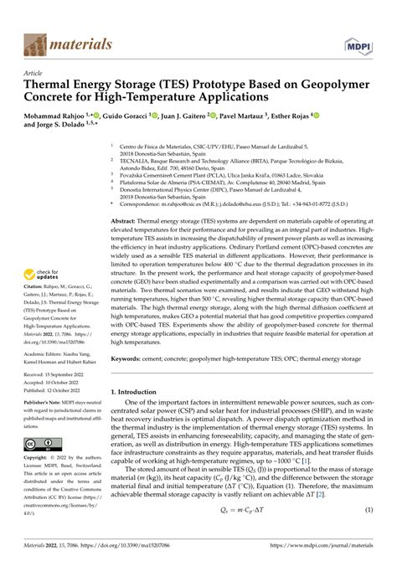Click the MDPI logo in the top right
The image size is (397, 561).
tap(358, 43)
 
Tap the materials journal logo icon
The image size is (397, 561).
tap(35, 43)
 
